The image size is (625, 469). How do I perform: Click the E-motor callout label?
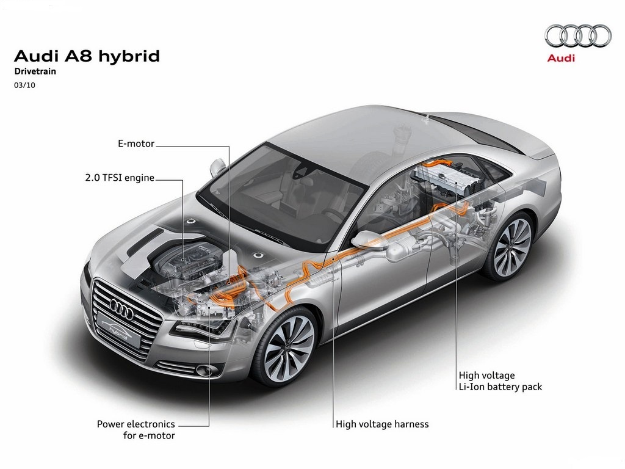click(136, 144)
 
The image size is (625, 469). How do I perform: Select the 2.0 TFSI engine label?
click(120, 178)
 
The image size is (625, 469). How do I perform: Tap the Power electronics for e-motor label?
click(136, 429)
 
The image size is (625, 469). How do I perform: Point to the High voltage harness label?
click(382, 424)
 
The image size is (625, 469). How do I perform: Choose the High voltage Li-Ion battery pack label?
click(500, 381)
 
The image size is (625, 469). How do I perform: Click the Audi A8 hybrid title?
click(87, 56)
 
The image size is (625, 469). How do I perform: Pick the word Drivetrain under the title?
click(35, 71)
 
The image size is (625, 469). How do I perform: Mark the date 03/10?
click(24, 85)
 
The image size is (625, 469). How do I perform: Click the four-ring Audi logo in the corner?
click(578, 36)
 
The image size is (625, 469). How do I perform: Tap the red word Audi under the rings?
click(562, 58)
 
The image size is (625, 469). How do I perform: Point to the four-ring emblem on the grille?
click(121, 308)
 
